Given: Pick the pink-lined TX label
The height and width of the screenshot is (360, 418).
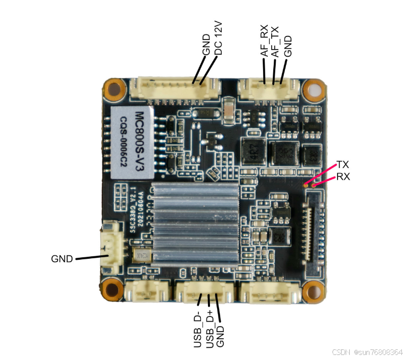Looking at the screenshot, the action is pos(343,165).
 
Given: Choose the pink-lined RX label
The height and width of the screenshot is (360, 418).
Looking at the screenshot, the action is pos(343,177).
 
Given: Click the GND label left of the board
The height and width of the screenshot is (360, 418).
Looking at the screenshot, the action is pos(62,259).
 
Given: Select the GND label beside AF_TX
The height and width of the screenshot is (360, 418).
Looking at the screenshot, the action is pos(288,46).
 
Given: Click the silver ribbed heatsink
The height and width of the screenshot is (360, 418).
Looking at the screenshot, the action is pos(195,222).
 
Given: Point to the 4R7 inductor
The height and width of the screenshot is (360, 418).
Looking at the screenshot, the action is pos(252,151).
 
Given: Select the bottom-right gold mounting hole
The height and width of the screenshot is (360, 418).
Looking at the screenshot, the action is pos(314,292).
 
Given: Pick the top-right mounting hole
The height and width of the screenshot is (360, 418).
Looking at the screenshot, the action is pos(315,90).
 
